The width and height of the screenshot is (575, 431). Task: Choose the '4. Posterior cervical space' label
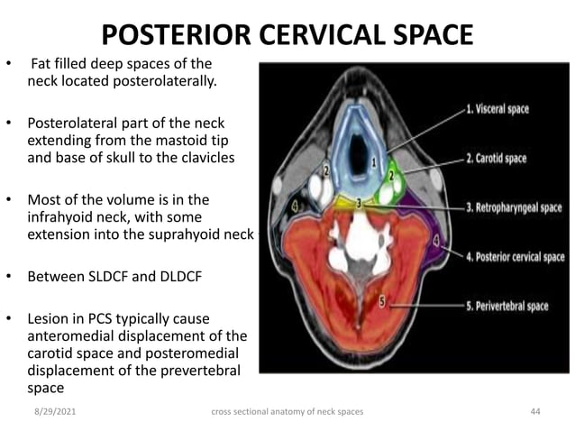[x=516, y=257]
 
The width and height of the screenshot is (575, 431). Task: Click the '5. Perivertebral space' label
[x=507, y=306]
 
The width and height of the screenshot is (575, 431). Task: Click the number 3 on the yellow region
[x=359, y=204]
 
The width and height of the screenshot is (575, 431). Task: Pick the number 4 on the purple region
[x=436, y=241]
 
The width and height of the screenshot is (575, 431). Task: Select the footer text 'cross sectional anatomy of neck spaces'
[x=287, y=412]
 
